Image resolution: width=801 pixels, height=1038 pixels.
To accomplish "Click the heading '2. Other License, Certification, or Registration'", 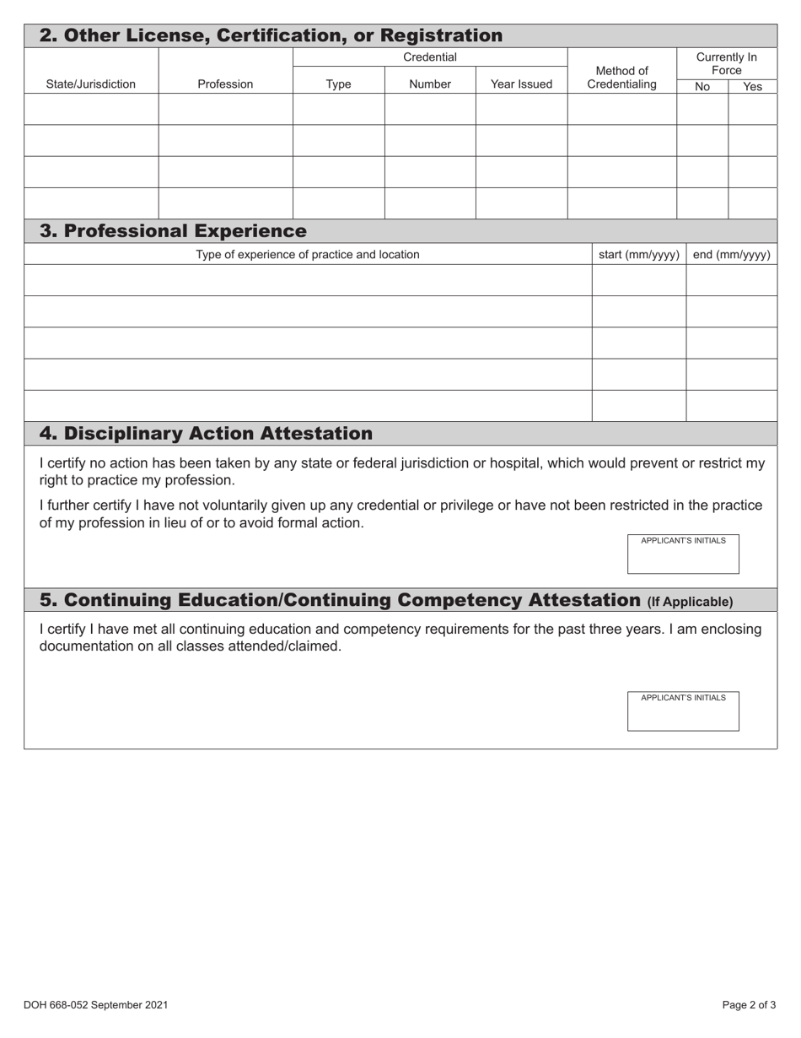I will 271,35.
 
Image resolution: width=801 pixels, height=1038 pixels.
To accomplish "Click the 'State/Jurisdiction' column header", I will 90,84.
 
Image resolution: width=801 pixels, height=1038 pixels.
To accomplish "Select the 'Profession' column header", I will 225,84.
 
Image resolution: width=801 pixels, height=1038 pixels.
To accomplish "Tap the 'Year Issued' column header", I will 521,84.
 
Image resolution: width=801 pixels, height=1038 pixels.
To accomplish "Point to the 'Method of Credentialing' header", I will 621,77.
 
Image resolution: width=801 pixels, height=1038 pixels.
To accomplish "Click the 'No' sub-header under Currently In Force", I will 702,86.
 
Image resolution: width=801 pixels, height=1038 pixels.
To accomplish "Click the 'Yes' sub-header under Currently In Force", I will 752,86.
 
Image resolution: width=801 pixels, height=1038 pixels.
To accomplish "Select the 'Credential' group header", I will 430,57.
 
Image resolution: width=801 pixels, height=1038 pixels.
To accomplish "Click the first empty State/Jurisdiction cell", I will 90,109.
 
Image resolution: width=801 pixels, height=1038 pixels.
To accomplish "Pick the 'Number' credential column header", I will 430,84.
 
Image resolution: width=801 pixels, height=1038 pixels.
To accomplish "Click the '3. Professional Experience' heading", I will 173,230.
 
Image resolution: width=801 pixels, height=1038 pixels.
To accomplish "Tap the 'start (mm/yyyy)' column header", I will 638,254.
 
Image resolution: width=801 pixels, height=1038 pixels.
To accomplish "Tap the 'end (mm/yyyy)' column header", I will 731,254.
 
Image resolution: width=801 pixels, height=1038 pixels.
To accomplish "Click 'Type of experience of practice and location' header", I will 307,254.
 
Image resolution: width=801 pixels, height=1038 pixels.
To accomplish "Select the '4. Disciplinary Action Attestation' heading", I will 206,433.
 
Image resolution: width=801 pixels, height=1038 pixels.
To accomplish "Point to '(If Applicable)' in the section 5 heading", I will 690,602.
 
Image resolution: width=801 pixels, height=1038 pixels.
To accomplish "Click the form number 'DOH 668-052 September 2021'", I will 95,1004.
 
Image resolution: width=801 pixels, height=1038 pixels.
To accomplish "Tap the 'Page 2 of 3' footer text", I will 749,1004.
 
